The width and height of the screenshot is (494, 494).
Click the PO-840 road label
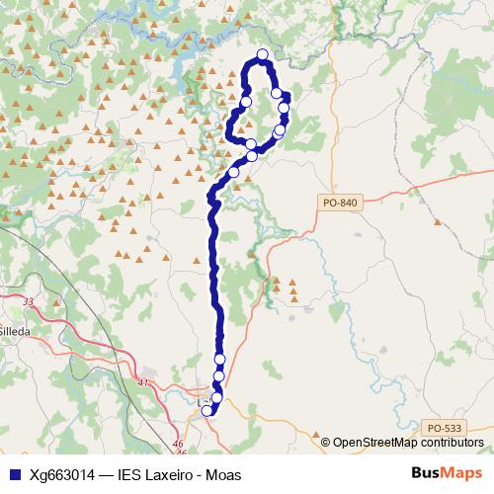pos(339,203)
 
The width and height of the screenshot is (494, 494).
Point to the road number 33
pos(28,301)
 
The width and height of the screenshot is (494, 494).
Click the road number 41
pos(144,382)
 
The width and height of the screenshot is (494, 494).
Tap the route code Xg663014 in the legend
pos(63,474)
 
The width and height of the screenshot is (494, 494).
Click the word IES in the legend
pos(130,474)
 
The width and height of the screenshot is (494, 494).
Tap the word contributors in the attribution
pos(449,442)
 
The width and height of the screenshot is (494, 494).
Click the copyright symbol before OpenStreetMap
pos(326,442)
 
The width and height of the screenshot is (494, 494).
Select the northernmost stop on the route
pos(263,55)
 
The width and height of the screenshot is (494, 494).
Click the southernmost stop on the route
pos(207,410)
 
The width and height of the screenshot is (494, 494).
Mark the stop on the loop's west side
pos(246,101)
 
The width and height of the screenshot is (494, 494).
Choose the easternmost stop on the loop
pos(285,107)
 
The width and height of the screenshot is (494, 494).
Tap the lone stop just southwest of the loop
pos(234,171)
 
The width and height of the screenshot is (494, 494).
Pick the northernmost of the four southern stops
pos(220,359)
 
